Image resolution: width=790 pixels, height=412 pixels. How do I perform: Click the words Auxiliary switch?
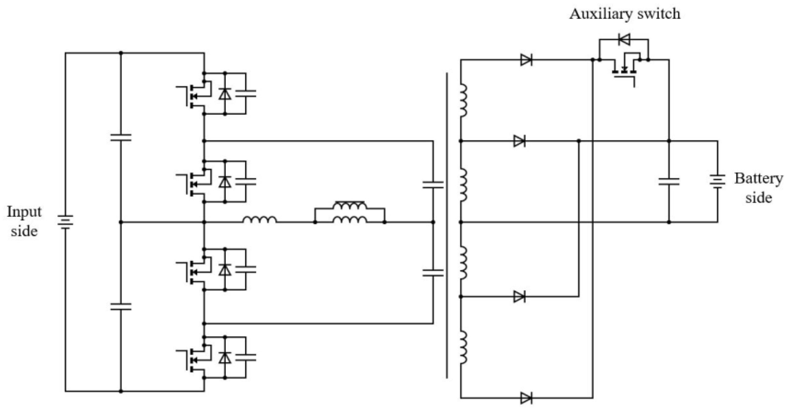624,14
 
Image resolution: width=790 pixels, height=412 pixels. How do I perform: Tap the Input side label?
24,221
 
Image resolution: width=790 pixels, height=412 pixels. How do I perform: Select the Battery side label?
758,188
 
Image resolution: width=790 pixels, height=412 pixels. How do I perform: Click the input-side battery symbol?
65,222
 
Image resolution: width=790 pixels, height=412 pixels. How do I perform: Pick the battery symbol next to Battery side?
717,181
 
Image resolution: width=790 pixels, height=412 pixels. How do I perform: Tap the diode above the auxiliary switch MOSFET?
624,39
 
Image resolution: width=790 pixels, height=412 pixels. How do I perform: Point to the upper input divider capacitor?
121,138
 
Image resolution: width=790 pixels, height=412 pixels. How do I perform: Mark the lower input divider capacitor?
121,306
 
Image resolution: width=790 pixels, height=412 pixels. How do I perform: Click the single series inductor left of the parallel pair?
259,220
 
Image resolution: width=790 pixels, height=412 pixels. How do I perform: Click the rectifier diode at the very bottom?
526,398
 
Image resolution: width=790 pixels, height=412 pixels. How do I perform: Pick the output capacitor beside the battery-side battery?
669,181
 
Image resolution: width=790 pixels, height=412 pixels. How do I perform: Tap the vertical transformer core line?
446,225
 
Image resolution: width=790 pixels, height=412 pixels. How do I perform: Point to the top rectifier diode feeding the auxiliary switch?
526,59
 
